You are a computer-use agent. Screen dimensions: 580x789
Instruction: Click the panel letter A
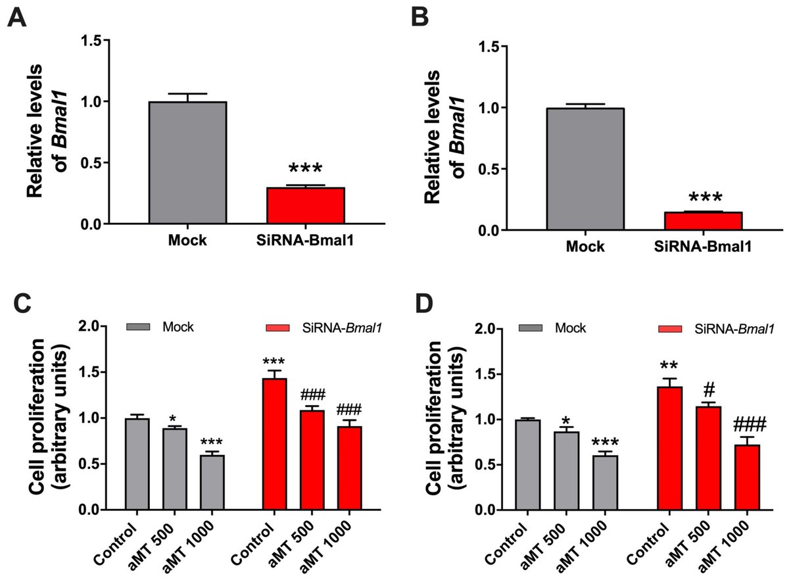(18, 19)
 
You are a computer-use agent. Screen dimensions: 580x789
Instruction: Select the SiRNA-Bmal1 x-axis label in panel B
(703, 247)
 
